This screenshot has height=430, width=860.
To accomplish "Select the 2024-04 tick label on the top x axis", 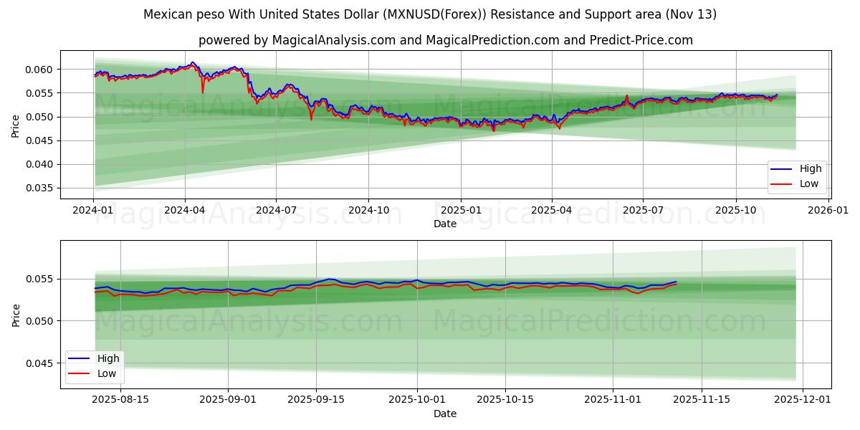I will (185, 211).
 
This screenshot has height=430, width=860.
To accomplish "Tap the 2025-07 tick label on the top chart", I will (643, 211).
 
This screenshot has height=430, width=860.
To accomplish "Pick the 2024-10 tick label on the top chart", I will (368, 211).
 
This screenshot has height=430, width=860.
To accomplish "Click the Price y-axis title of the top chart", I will (16, 125).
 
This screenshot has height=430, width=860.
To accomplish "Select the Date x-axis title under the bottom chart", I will (444, 414).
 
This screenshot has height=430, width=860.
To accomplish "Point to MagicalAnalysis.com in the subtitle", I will (333, 40).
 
